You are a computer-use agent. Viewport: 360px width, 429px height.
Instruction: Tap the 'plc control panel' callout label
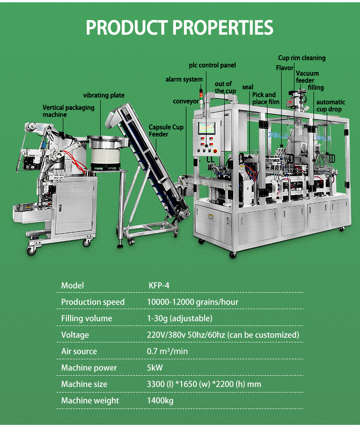click(212, 66)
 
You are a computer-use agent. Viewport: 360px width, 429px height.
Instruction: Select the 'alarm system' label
click(184, 80)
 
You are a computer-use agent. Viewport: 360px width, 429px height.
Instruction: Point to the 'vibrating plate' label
click(103, 95)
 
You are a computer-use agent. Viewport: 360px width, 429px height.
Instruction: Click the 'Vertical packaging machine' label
click(68, 111)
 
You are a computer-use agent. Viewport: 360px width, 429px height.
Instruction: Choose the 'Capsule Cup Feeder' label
click(166, 131)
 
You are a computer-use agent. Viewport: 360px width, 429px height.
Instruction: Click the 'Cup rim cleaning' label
click(302, 58)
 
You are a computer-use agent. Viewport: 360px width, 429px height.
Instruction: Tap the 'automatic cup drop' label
click(330, 106)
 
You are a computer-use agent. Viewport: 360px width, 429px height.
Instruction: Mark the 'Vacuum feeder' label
click(307, 77)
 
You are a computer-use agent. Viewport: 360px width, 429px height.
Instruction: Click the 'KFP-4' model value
click(159, 286)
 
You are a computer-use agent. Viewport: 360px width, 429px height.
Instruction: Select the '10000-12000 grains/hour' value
click(192, 302)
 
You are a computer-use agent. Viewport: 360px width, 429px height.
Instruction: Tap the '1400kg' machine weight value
click(160, 401)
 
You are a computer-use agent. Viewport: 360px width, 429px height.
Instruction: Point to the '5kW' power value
click(155, 368)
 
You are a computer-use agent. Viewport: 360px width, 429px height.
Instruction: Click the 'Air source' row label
click(79, 351)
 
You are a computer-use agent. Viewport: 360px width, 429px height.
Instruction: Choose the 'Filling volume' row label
click(87, 319)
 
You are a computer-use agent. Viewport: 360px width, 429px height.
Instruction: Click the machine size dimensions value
click(204, 384)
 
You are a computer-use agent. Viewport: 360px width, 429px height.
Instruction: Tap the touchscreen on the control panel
click(205, 129)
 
